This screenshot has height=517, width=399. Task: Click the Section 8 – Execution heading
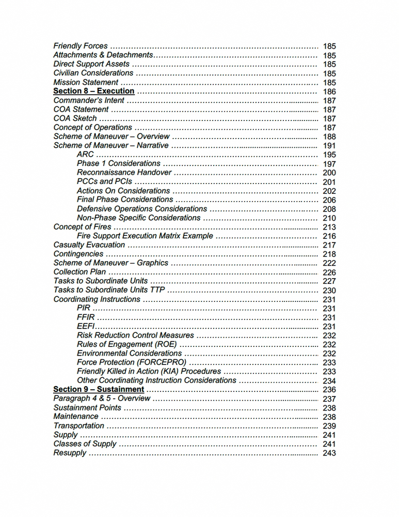point(94,91)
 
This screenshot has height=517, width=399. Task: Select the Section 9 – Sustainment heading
point(99,389)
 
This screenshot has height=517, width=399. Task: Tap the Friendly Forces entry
point(81,46)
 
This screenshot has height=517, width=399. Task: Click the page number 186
point(329,92)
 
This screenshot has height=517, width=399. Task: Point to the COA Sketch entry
point(75,118)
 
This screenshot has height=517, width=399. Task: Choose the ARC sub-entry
point(85,155)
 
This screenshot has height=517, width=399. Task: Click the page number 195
point(329,155)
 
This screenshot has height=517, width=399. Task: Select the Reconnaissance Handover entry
point(123,173)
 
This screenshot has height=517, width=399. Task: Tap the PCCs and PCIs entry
point(104,181)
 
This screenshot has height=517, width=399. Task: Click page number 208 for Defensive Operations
point(329,209)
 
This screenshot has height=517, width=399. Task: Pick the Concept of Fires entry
point(82,227)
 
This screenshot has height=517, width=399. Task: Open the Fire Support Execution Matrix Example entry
point(145,236)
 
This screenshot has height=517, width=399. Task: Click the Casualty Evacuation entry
point(89,245)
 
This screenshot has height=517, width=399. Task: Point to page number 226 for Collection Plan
point(329,272)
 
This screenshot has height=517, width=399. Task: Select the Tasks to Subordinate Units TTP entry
point(108,290)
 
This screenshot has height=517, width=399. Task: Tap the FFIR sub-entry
point(86,317)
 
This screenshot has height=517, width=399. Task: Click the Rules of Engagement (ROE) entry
point(126,344)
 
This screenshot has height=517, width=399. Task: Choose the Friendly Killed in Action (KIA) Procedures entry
point(149,371)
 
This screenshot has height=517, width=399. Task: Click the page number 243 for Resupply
point(329,453)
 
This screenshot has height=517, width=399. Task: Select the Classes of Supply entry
point(85,444)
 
